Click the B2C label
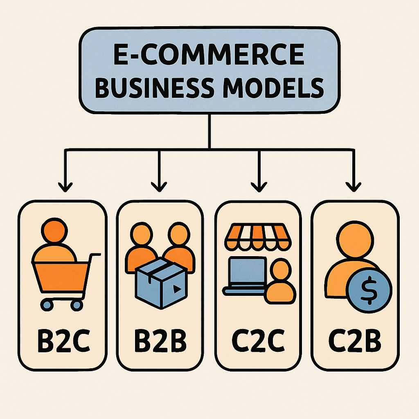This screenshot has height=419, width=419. [63, 339]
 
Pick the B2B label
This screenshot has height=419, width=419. [160, 339]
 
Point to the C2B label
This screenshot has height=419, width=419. [355, 339]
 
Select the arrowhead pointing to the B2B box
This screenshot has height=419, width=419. [158, 186]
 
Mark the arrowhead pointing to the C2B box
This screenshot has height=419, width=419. [352, 186]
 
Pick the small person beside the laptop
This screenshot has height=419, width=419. [280, 282]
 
